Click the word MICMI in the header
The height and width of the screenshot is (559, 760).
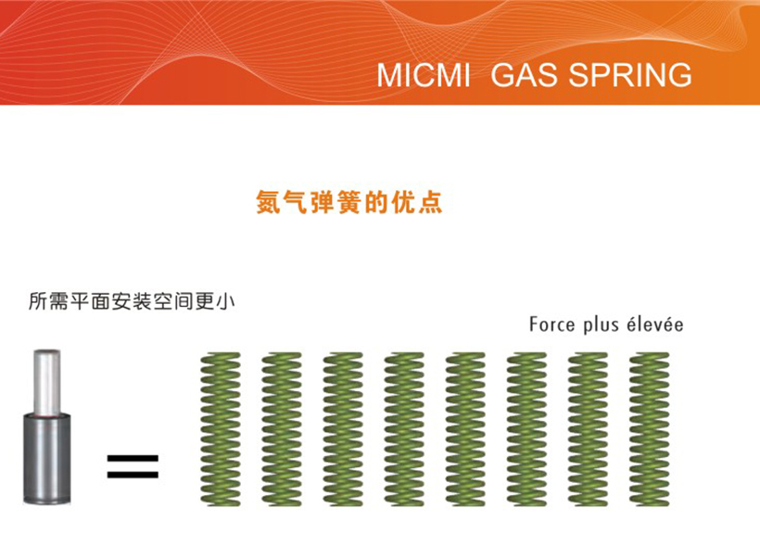(x=424, y=75)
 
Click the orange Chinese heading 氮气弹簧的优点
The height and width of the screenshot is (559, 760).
(x=349, y=202)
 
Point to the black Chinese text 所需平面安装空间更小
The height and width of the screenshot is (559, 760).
(x=132, y=301)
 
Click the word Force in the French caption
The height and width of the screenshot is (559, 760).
(x=551, y=324)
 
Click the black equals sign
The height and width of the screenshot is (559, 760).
(x=133, y=466)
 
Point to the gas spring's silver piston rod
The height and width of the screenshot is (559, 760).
(x=46, y=382)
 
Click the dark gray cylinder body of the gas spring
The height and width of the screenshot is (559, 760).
(x=47, y=459)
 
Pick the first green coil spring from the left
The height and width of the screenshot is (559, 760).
(x=221, y=429)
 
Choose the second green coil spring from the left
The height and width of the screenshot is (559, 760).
(x=282, y=429)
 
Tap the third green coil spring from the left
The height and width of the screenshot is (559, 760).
(x=343, y=429)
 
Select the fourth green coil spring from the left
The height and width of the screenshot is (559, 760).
(x=404, y=429)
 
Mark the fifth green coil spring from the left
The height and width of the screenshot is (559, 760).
(x=465, y=429)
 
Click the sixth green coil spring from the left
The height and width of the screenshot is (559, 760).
(x=526, y=429)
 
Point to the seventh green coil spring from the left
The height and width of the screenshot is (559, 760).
(x=588, y=429)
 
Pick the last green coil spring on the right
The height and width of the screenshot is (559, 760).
(x=649, y=429)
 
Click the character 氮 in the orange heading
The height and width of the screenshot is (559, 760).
(x=268, y=202)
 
